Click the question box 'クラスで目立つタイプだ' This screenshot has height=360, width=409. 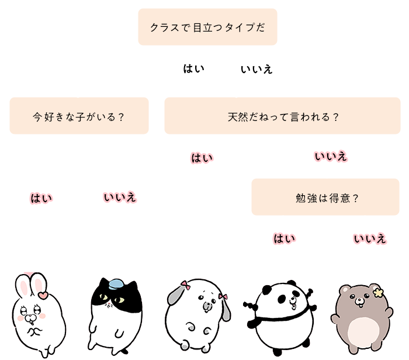(x=207, y=27)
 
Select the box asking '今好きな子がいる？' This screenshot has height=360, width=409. (x=79, y=116)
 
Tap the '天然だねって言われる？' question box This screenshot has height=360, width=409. (x=282, y=116)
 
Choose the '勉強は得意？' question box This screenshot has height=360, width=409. (x=325, y=197)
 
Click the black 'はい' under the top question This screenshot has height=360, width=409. (x=194, y=69)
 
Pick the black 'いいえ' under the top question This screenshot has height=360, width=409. (x=257, y=70)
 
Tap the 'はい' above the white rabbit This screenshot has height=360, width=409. (x=41, y=198)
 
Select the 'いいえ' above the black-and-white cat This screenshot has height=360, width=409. (x=120, y=197)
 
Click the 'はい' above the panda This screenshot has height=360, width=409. (x=285, y=238)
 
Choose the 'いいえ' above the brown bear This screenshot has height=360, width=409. (x=370, y=238)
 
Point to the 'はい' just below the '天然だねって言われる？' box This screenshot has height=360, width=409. (x=202, y=158)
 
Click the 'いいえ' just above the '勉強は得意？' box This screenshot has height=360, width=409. (x=331, y=157)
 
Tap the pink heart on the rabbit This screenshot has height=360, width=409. (x=43, y=295)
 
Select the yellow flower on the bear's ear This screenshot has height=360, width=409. (x=378, y=292)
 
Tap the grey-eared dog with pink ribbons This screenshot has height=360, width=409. (x=198, y=316)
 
